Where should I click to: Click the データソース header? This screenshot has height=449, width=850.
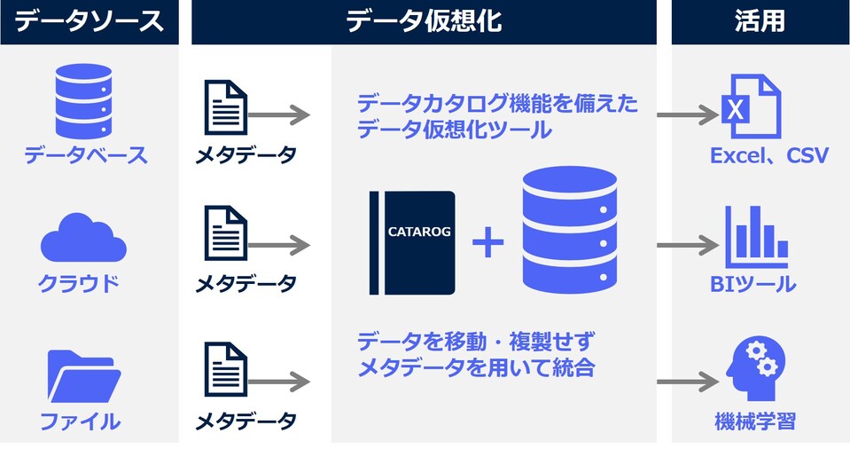pyautogui.click(x=90, y=22)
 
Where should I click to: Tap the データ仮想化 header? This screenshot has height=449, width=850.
pyautogui.click(x=424, y=22)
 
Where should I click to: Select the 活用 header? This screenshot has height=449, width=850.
pyautogui.click(x=760, y=22)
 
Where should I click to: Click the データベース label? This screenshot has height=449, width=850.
pyautogui.click(x=86, y=156)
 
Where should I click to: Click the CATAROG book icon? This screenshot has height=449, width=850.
pyautogui.click(x=413, y=242)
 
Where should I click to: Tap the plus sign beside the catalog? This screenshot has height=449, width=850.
pyautogui.click(x=487, y=243)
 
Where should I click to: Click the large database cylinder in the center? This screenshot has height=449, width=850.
pyautogui.click(x=567, y=232)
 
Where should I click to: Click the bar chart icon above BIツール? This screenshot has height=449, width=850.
pyautogui.click(x=751, y=237)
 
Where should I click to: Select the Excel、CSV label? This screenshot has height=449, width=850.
pyautogui.click(x=768, y=157)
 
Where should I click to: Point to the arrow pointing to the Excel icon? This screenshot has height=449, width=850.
pyautogui.click(x=688, y=114)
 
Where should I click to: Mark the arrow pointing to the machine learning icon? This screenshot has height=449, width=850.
pyautogui.click(x=688, y=382)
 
